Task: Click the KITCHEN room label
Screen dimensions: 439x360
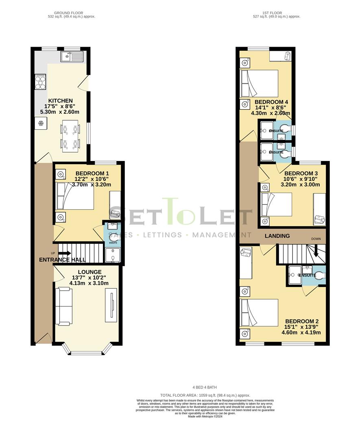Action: [61, 101]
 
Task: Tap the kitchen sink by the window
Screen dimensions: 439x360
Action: [72, 57]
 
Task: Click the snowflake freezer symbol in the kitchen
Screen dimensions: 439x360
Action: [41, 124]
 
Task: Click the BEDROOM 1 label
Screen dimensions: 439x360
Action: [86, 172]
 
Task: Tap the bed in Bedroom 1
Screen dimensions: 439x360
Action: [76, 196]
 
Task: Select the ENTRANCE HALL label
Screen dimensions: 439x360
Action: [62, 260]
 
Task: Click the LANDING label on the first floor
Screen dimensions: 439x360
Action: [277, 236]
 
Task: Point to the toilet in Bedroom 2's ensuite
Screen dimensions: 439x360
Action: [319, 276]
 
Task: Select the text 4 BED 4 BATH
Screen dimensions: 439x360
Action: [205, 387]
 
